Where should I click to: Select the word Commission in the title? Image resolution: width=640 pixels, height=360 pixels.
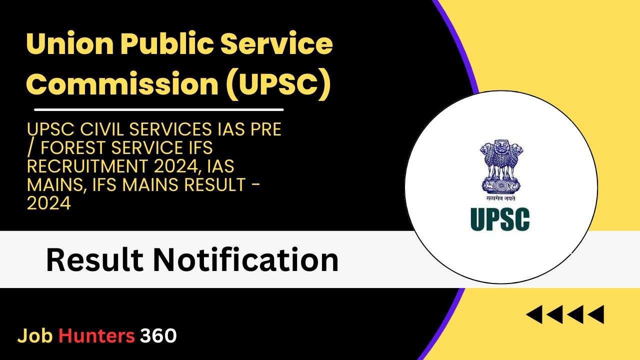(x=123, y=83)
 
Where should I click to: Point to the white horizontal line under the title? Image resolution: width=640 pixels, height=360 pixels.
(x=159, y=109)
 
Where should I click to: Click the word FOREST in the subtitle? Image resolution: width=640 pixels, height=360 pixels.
(x=73, y=147)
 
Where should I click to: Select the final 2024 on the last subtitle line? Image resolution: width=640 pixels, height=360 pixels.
(x=49, y=203)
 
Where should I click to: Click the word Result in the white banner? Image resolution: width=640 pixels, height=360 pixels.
(x=94, y=260)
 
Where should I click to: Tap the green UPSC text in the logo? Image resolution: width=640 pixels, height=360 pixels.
(x=500, y=219)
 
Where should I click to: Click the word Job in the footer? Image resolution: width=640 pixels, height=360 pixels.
(x=35, y=335)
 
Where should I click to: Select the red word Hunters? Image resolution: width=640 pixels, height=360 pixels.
(x=96, y=335)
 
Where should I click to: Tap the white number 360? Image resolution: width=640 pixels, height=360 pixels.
(x=158, y=335)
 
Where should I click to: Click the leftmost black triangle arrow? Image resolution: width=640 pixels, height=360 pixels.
(x=534, y=314)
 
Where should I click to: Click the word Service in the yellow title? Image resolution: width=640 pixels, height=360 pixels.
(x=277, y=44)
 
